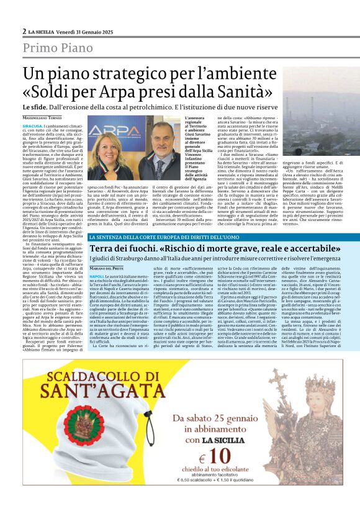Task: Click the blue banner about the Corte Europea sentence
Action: point(179,237)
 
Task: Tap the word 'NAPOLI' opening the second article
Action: point(96,275)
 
